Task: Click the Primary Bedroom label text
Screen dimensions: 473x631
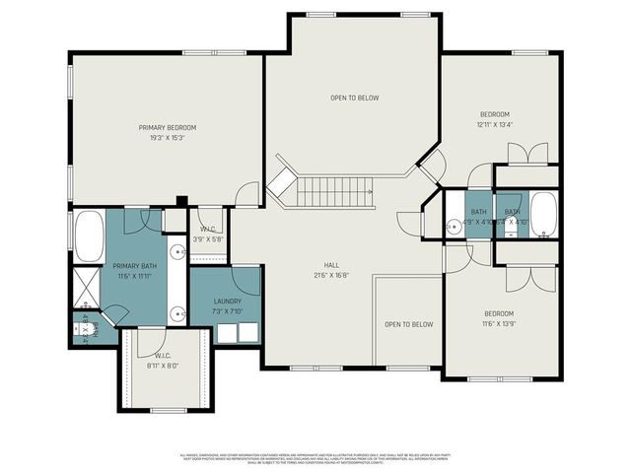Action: click(168, 127)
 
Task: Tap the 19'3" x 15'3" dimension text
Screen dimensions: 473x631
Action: click(168, 138)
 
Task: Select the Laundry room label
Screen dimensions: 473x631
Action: click(227, 302)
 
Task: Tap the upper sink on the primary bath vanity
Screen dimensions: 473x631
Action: click(176, 252)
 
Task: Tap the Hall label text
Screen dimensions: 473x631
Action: click(333, 265)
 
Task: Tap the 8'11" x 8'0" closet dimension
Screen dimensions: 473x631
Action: click(163, 365)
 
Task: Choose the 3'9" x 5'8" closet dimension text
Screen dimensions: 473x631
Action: click(209, 237)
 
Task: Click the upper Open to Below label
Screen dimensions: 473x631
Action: click(354, 98)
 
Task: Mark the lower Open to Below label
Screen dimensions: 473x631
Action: click(409, 324)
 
